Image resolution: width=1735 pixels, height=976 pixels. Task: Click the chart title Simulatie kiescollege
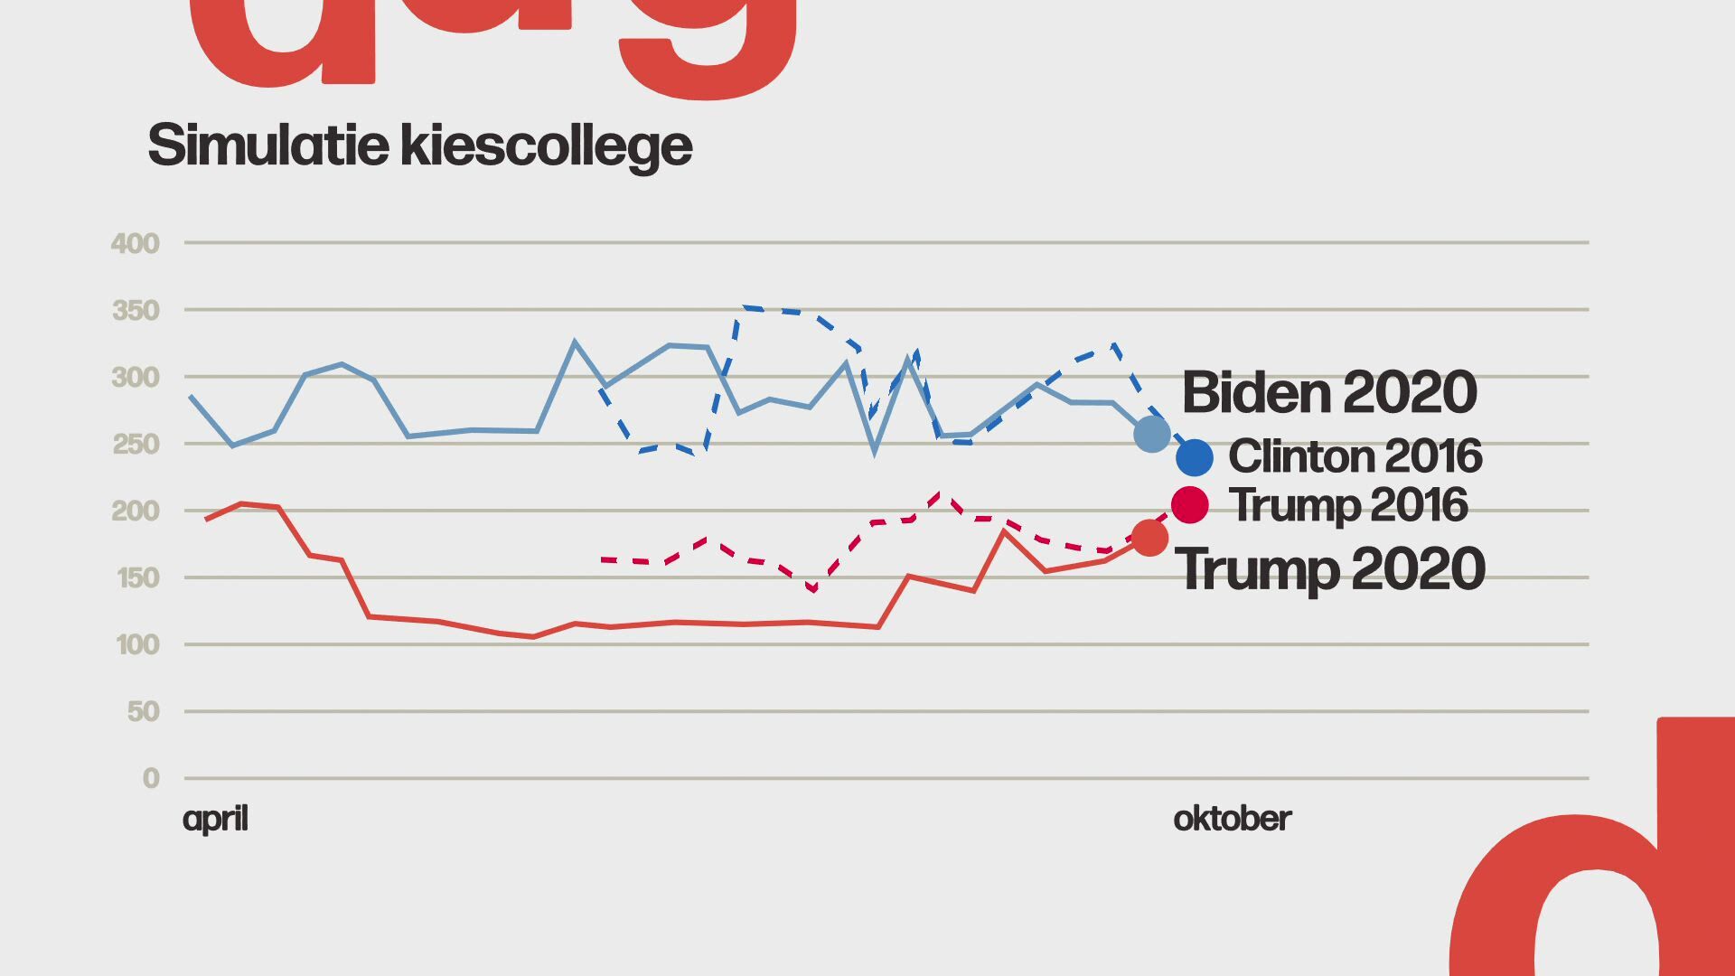click(420, 145)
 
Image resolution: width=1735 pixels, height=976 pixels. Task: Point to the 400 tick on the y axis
click(135, 243)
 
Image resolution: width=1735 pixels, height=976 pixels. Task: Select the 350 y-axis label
click(135, 311)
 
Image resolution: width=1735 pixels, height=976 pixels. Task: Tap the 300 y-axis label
click(135, 378)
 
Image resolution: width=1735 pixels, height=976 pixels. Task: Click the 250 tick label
click(135, 445)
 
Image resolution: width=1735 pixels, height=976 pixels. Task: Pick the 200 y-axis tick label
click(135, 511)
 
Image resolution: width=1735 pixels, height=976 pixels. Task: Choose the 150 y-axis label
click(137, 578)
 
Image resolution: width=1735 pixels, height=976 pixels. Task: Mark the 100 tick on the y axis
click(137, 645)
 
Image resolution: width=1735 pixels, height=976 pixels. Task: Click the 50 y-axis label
click(143, 712)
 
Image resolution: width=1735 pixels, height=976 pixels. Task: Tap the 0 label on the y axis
click(151, 779)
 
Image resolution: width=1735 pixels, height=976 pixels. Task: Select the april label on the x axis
click(215, 819)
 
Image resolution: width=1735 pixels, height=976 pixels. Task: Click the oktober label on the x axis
click(1232, 819)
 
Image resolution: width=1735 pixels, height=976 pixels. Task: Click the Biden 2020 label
click(1329, 392)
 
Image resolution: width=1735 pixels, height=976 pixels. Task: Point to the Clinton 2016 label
click(1355, 456)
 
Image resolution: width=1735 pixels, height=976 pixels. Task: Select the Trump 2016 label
click(1348, 504)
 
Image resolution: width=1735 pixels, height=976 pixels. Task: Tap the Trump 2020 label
click(1329, 568)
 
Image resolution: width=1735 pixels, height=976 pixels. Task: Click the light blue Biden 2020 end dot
click(1152, 434)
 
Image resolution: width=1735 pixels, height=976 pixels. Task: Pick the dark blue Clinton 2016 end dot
click(1195, 458)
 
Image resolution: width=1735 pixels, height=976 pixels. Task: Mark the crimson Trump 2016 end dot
click(1190, 504)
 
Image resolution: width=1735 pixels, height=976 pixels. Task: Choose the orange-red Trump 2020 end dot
click(1149, 538)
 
